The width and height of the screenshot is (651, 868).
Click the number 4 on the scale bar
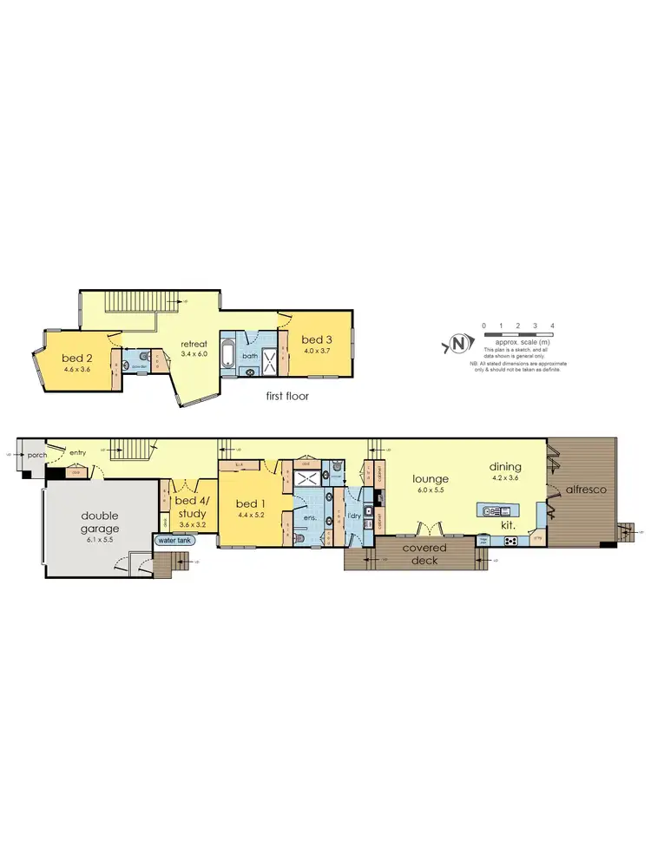click(553, 325)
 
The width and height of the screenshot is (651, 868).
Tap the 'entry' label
click(79, 452)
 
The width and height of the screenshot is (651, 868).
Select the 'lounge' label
click(430, 478)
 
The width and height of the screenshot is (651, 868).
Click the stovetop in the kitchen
click(510, 541)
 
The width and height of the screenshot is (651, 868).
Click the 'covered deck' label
click(425, 554)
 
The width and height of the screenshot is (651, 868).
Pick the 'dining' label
click(504, 466)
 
